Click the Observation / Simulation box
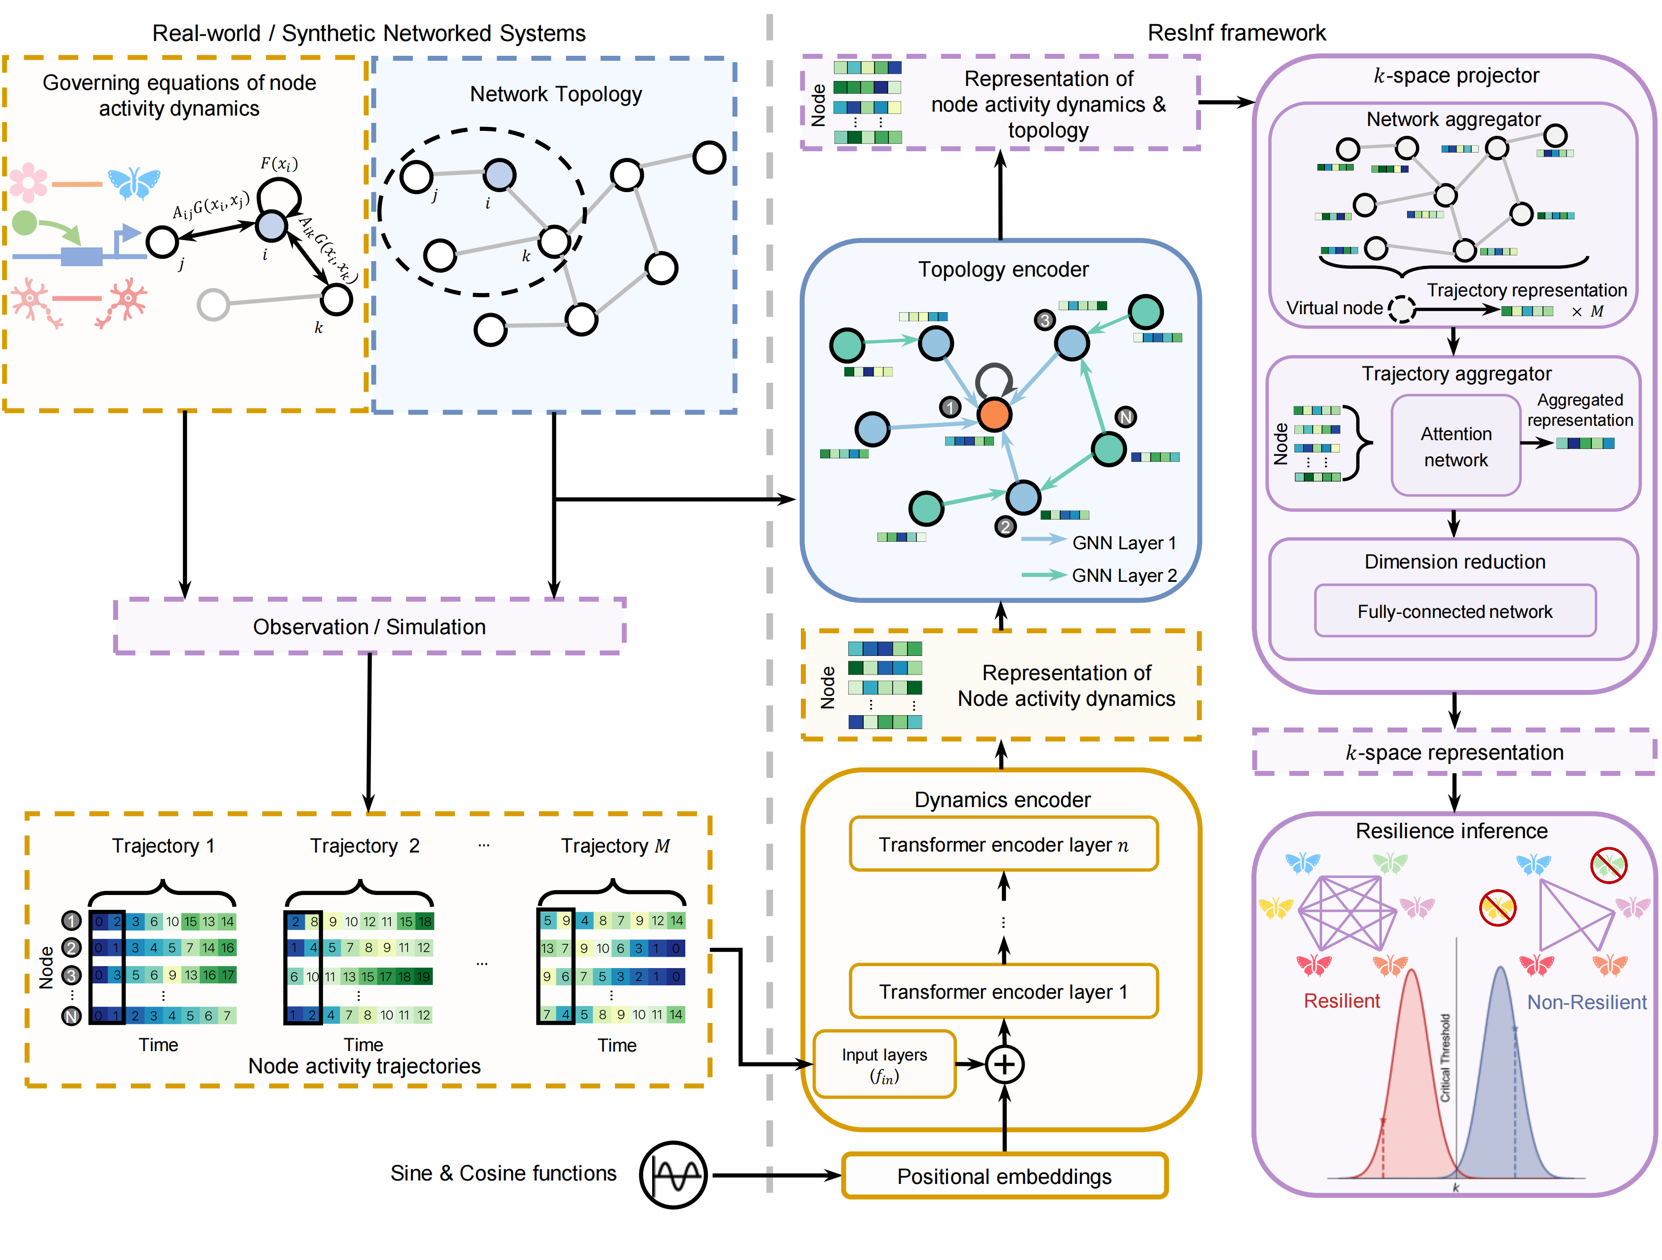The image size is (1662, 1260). [369, 627]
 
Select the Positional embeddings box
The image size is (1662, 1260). [1004, 1176]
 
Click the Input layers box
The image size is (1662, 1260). [884, 1064]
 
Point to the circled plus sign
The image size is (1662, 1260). [1004, 1064]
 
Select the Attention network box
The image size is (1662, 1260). [1455, 447]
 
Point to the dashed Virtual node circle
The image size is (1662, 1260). [1401, 309]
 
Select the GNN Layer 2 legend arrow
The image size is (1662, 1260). [1043, 575]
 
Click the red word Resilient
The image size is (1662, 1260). [1341, 1001]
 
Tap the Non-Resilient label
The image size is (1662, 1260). [1586, 1002]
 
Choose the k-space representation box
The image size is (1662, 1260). [1454, 752]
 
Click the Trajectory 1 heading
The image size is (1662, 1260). [163, 846]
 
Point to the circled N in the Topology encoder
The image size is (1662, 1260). [1125, 417]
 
